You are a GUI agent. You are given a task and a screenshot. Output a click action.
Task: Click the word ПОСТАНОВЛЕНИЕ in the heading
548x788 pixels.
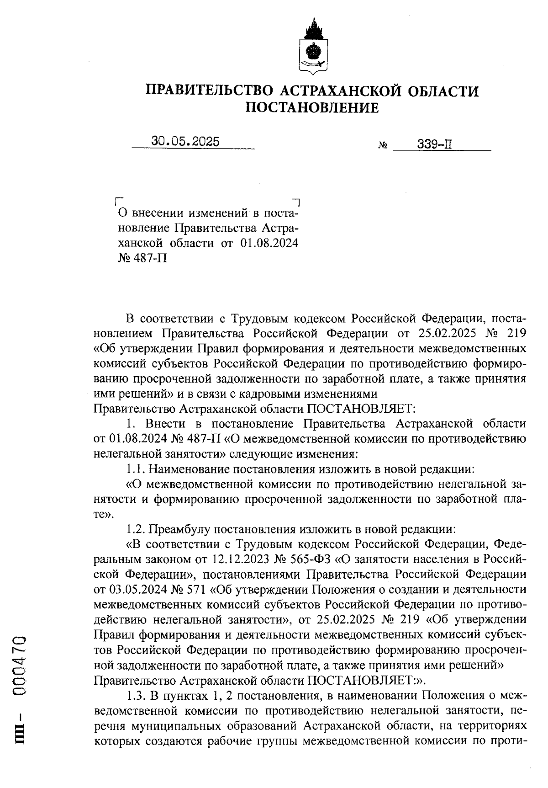(312, 108)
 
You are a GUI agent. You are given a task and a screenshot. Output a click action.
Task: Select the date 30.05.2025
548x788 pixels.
(185, 142)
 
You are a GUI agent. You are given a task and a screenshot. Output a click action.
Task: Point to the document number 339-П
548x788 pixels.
(434, 145)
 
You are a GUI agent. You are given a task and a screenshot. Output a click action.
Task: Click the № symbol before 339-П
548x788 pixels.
(383, 146)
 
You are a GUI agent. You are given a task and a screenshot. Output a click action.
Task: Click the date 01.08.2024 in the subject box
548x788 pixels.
(269, 243)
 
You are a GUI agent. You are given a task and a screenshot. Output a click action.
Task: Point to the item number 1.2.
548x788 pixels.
(136, 529)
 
